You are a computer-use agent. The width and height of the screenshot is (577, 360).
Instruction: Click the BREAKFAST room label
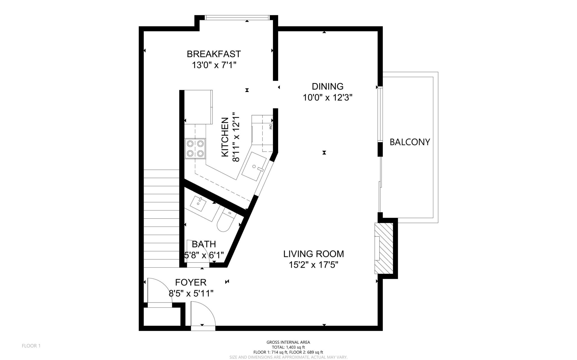214,54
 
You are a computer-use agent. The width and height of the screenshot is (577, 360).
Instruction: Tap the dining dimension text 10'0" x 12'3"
328,98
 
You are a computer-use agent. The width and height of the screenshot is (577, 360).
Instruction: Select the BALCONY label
410,142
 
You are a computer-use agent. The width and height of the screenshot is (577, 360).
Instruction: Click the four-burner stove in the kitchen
195,149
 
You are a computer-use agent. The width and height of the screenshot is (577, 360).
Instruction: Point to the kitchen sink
254,167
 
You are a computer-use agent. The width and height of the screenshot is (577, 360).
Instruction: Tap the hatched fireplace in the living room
384,248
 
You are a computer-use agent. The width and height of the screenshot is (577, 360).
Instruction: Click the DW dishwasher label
270,127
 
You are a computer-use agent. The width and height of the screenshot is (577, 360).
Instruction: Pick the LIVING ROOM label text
314,254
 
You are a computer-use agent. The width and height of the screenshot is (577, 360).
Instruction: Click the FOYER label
191,282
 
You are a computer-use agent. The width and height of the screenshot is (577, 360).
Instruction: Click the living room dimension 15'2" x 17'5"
313,265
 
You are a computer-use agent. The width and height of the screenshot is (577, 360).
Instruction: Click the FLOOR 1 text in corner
31,346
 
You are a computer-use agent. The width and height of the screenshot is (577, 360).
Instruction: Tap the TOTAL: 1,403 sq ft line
288,347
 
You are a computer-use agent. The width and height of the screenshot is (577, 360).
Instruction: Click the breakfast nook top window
237,18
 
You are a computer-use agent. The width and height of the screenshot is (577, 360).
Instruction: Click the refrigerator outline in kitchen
198,107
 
